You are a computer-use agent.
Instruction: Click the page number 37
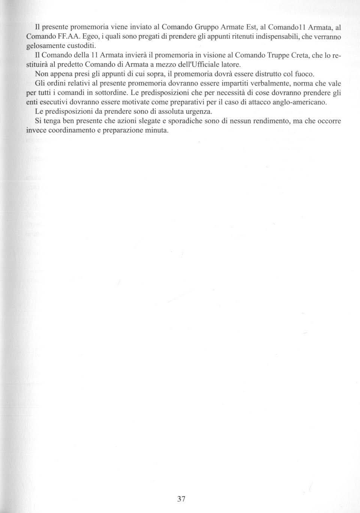181,499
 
